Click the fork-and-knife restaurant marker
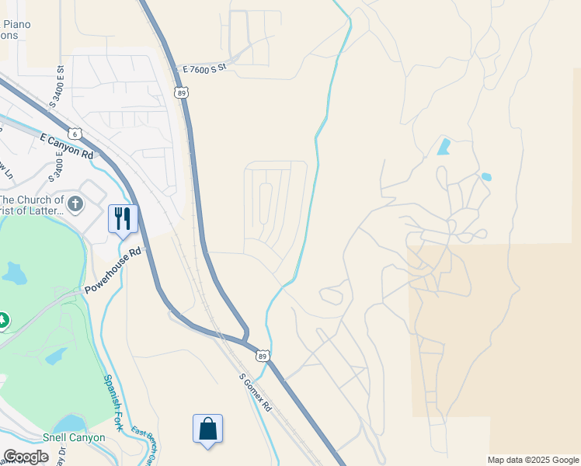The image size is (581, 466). tap(123, 218)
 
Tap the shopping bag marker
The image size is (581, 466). tap(207, 429)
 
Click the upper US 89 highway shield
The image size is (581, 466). tap(181, 92)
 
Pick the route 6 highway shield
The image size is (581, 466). tap(75, 133)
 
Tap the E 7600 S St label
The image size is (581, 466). tap(204, 69)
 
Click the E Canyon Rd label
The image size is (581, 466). tap(67, 145)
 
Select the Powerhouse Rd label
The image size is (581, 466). tap(113, 271)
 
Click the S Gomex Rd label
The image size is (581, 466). tap(256, 393)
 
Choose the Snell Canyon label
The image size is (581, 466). tap(74, 437)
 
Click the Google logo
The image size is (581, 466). tap(26, 456)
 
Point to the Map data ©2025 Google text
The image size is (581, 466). tap(532, 460)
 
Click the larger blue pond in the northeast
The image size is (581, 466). tap(444, 146)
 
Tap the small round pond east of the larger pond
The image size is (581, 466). tap(486, 177)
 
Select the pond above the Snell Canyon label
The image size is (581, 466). tap(71, 423)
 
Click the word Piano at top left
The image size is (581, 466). tap(16, 24)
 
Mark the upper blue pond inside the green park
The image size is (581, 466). tap(15, 273)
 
